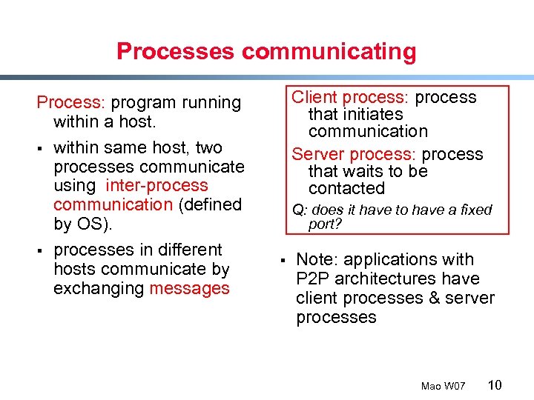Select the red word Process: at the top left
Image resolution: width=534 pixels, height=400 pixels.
coord(72,102)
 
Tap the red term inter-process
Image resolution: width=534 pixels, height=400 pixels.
coord(156,185)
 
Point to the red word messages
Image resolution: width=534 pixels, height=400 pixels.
coord(189,288)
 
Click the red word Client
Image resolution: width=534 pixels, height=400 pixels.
coord(314,97)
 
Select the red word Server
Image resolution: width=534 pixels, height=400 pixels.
coord(316,154)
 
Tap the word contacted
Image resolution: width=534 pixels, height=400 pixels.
coord(346,188)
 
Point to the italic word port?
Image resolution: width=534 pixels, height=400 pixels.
coord(323,224)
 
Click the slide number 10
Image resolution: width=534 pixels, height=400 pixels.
coord(494,384)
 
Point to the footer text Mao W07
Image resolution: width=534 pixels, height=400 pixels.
coord(443,386)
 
